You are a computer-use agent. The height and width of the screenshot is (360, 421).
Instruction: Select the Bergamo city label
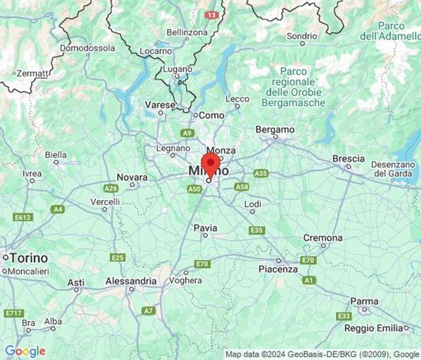pyautogui.click(x=274, y=130)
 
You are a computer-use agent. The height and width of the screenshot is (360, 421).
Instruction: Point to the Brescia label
pyautogui.click(x=348, y=159)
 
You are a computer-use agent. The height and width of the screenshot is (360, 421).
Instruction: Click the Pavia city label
pyautogui.click(x=205, y=228)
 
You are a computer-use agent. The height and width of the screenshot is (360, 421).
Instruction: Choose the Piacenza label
pyautogui.click(x=278, y=269)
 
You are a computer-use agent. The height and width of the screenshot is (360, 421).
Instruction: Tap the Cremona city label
pyautogui.click(x=322, y=238)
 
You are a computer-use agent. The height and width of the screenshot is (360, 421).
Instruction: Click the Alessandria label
pyautogui.click(x=131, y=281)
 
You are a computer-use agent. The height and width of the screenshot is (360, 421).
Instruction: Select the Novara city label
pyautogui.click(x=132, y=177)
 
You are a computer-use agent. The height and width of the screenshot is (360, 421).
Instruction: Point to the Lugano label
pyautogui.click(x=178, y=68)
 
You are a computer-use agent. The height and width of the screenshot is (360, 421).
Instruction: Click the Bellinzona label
pyautogui.click(x=187, y=32)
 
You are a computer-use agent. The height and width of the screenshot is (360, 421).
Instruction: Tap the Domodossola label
pyautogui.click(x=87, y=48)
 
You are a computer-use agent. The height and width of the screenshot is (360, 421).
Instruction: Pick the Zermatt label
pyautogui.click(x=32, y=73)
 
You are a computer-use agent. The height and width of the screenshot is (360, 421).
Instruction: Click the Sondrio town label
pyautogui.click(x=302, y=36)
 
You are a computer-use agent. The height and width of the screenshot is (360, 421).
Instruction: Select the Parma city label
pyautogui.click(x=364, y=301)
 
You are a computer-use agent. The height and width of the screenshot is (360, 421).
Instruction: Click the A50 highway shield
pyautogui.click(x=194, y=189)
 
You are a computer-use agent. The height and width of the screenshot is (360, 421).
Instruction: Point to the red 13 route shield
pyautogui.click(x=211, y=14)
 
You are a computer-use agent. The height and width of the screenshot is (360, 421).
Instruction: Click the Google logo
pyautogui.click(x=25, y=351)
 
